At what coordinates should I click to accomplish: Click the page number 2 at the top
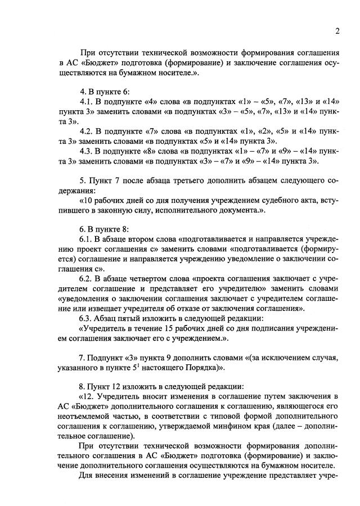tap(336, 30)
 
